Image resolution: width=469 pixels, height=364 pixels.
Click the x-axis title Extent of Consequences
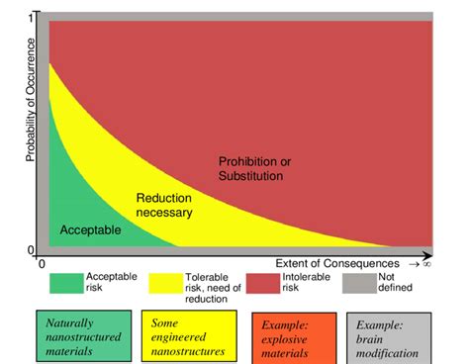click(335, 264)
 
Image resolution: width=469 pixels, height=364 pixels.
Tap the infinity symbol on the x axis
click(426, 264)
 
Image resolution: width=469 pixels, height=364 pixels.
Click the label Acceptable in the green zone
click(91, 230)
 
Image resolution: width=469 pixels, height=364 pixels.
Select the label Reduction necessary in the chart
click(164, 204)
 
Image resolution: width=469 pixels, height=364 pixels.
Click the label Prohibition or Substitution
click(255, 168)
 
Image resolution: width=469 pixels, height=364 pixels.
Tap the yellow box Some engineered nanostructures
click(187, 336)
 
